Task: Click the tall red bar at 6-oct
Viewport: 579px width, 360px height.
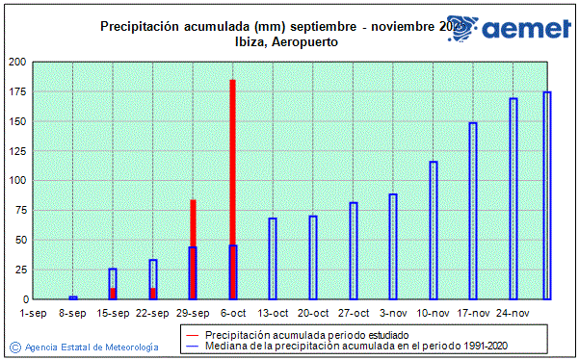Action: click(x=232, y=144)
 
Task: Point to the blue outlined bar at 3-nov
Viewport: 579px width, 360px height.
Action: click(x=393, y=245)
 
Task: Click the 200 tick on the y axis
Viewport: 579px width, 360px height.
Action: click(x=18, y=62)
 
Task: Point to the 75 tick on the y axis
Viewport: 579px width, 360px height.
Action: click(x=21, y=210)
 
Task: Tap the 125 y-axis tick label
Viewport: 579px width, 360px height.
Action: click(x=18, y=151)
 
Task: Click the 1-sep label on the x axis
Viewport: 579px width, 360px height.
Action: click(x=33, y=313)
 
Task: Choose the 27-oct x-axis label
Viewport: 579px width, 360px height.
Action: click(x=354, y=313)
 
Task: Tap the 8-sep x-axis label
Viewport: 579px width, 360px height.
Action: click(x=73, y=313)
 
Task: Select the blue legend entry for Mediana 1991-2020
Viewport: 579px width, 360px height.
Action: click(x=337, y=345)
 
